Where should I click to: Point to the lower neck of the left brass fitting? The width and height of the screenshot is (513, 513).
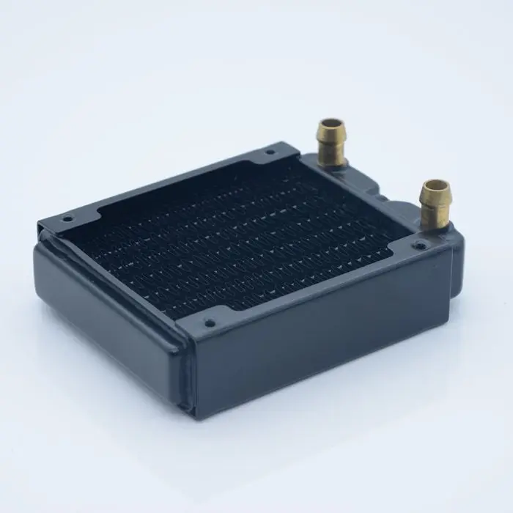tap(332, 152)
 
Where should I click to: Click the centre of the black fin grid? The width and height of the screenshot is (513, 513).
tap(242, 235)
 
